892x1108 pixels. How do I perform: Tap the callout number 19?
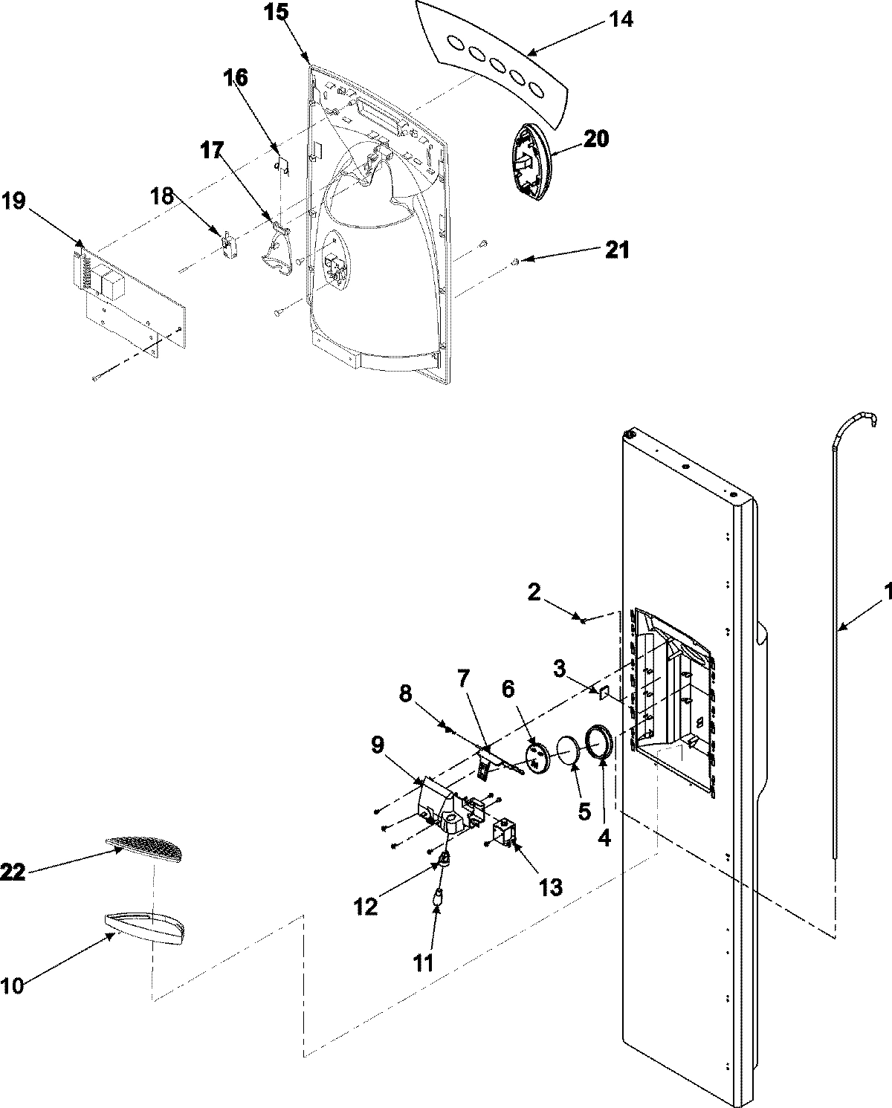tap(14, 201)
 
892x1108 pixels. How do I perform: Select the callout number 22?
tap(13, 872)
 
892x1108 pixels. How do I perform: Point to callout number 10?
tap(13, 985)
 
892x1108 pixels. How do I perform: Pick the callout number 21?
tap(616, 250)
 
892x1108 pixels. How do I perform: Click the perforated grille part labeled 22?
tap(145, 845)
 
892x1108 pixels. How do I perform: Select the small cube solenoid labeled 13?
tap(505, 832)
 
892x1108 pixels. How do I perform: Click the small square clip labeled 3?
tap(604, 693)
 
